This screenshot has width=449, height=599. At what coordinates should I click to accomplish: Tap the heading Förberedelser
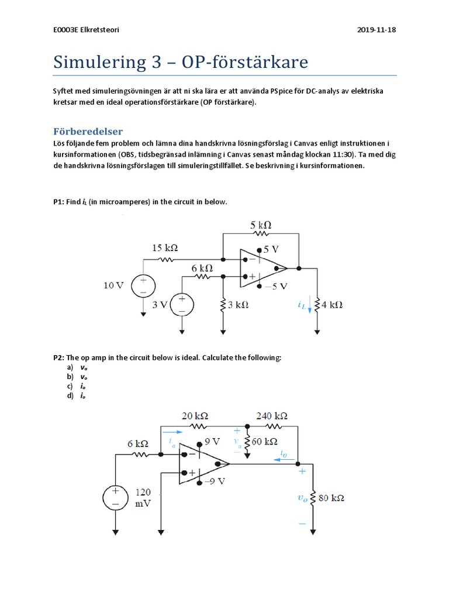[x=88, y=131]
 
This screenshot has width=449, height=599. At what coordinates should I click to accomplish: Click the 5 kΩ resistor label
[x=261, y=225]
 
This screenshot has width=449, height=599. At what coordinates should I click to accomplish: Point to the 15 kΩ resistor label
[x=165, y=248]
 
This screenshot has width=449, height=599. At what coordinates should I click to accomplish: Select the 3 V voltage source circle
[x=182, y=305]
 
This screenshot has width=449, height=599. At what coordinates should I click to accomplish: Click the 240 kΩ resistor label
[x=272, y=416]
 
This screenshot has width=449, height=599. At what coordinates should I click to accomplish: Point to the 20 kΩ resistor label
[x=195, y=416]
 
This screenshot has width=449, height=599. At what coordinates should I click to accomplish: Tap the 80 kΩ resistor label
[x=331, y=498]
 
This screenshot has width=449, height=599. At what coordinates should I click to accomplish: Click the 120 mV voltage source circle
[x=115, y=498]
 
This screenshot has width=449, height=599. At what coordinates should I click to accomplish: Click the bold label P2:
[x=58, y=357]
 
